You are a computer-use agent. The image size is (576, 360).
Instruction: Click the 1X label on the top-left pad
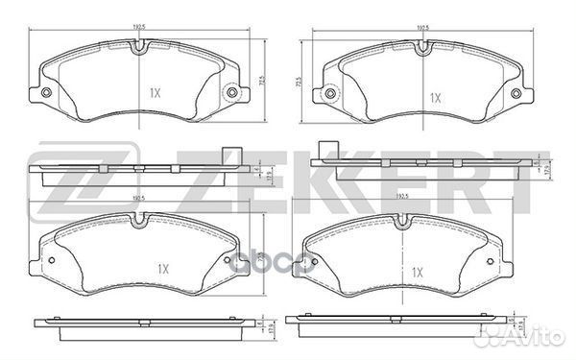coord(155,94)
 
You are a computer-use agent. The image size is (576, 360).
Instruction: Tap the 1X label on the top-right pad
coord(434,98)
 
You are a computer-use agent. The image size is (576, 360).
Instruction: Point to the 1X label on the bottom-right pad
coord(419,274)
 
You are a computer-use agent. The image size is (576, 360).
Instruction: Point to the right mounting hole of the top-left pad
coord(230,93)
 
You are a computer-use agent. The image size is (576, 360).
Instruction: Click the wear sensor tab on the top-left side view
coord(228,153)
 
